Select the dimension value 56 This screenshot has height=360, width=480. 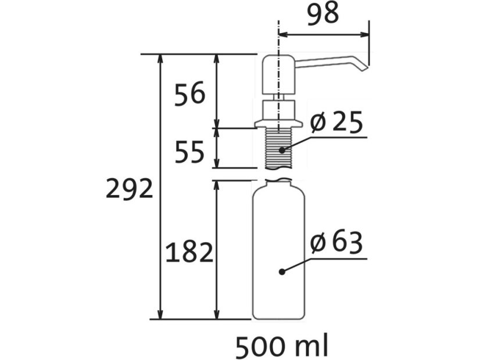[x=190, y=93]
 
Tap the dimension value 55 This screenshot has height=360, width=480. [x=190, y=152]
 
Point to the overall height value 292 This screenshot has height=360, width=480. [x=129, y=189]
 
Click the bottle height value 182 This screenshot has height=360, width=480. [x=189, y=253]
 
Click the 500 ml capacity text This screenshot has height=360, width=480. [x=282, y=346]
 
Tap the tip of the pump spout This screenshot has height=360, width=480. [x=364, y=68]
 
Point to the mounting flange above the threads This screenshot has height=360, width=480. [x=278, y=124]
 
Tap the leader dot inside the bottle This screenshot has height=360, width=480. [x=281, y=271]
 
